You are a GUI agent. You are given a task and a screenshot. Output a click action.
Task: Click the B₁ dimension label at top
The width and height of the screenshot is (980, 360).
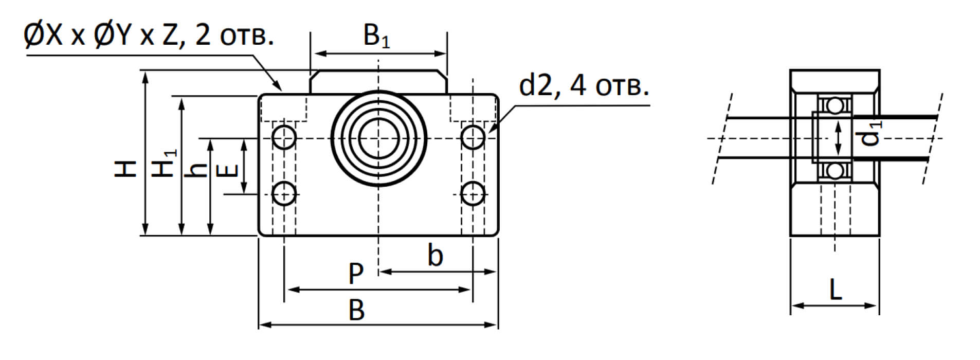(376, 37)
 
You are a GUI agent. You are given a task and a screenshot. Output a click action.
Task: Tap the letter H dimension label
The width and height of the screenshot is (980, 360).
(125, 169)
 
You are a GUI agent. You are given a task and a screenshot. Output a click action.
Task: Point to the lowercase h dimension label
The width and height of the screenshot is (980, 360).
(197, 169)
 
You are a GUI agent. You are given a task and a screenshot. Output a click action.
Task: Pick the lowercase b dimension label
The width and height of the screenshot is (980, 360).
(435, 256)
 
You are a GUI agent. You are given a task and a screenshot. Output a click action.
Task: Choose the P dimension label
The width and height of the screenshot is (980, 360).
(356, 274)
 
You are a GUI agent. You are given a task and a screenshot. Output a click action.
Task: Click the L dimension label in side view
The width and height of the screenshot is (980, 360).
(836, 291)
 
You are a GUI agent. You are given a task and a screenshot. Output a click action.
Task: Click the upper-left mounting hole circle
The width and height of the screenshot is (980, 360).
(284, 137)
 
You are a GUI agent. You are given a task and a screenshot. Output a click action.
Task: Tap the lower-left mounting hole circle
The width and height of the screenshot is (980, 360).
(284, 194)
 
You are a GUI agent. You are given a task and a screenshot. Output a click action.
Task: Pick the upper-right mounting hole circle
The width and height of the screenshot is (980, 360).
(473, 137)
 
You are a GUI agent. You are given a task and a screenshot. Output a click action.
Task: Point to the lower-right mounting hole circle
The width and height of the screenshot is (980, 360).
(473, 194)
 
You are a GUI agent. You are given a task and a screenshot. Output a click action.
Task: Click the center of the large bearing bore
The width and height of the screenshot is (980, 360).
(378, 138)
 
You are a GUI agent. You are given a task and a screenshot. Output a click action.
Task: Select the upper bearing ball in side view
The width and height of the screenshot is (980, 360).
(835, 106)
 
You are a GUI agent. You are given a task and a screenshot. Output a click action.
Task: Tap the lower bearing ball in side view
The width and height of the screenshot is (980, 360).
(835, 170)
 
